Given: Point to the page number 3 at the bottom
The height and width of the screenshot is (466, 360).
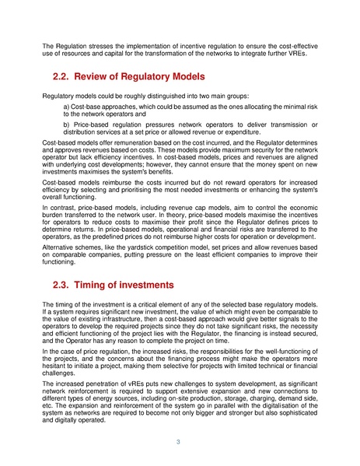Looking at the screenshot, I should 180,443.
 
